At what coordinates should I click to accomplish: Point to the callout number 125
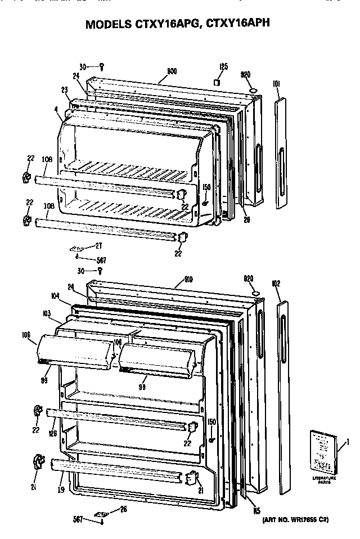(223, 67)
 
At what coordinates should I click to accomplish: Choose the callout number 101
(276, 85)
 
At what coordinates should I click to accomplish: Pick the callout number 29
(246, 220)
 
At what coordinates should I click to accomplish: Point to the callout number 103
(47, 312)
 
